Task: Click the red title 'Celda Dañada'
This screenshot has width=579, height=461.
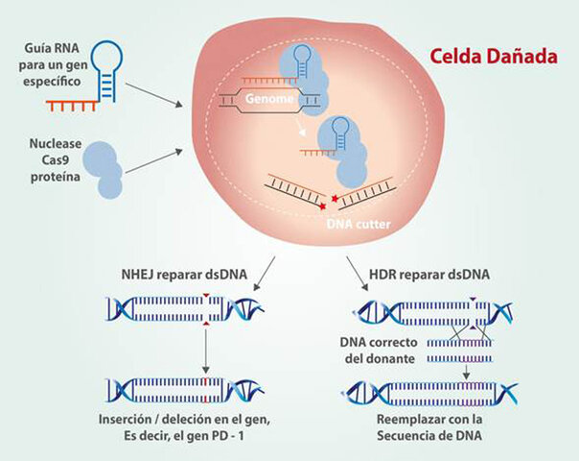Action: tap(493, 57)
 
